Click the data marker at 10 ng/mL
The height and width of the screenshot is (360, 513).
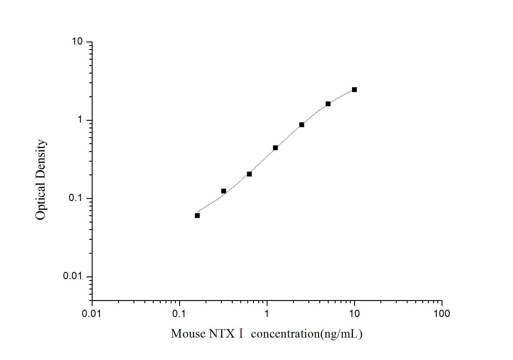click(x=354, y=90)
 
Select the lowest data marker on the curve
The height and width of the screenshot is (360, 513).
click(x=197, y=216)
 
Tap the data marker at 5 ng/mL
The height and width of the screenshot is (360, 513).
click(x=328, y=104)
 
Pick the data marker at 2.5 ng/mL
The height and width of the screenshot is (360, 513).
click(x=302, y=125)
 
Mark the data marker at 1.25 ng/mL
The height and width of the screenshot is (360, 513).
click(x=275, y=148)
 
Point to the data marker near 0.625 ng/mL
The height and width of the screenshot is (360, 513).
click(x=249, y=174)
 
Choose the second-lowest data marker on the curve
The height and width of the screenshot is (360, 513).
click(x=224, y=191)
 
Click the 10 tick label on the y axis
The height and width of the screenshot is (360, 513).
click(x=77, y=41)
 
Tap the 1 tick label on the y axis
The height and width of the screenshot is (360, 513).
click(x=80, y=120)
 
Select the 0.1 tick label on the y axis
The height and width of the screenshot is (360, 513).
click(x=75, y=198)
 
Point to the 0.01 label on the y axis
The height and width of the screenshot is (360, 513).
click(x=73, y=276)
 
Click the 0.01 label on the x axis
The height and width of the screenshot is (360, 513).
click(x=91, y=314)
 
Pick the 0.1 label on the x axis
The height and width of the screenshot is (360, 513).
click(x=179, y=314)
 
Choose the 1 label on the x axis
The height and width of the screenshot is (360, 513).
click(x=267, y=314)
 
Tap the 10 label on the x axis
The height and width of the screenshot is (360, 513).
click(x=354, y=314)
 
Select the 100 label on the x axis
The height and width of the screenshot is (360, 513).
click(x=442, y=314)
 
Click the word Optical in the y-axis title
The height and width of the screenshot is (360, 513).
click(x=41, y=201)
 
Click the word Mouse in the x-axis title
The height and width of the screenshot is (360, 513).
click(x=188, y=334)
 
